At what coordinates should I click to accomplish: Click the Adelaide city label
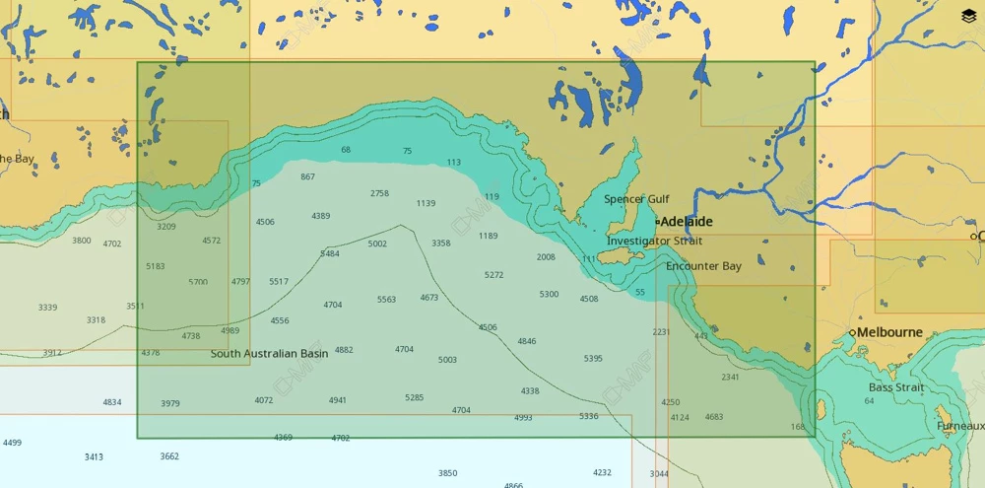pyautogui.click(x=688, y=222)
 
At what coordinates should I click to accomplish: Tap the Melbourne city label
pyautogui.click(x=889, y=332)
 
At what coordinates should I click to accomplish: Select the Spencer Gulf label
pyautogui.click(x=636, y=199)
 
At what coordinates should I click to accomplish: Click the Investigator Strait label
pyautogui.click(x=655, y=241)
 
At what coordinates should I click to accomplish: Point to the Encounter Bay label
pyautogui.click(x=703, y=266)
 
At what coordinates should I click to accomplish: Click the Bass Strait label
pyautogui.click(x=896, y=387)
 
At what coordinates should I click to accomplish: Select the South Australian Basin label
pyautogui.click(x=269, y=353)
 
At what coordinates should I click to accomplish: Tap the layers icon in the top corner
pyautogui.click(x=968, y=16)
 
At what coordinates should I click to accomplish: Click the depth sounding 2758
pyautogui.click(x=379, y=193)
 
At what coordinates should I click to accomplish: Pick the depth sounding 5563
pyautogui.click(x=386, y=299)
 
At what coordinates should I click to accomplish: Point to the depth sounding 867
pyautogui.click(x=308, y=176)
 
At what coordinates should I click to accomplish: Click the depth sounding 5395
pyautogui.click(x=593, y=358)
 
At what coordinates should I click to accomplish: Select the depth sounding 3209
pyautogui.click(x=166, y=226)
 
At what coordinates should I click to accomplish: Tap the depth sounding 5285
pyautogui.click(x=414, y=397)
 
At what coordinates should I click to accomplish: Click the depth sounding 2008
pyautogui.click(x=546, y=256)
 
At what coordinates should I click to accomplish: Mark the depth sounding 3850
pyautogui.click(x=447, y=473)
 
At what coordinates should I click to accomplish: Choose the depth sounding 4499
pyautogui.click(x=12, y=443)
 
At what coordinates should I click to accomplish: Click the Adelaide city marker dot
pyautogui.click(x=658, y=222)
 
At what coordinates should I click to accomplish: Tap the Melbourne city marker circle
pyautogui.click(x=853, y=333)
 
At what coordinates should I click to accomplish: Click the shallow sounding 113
pyautogui.click(x=453, y=162)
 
